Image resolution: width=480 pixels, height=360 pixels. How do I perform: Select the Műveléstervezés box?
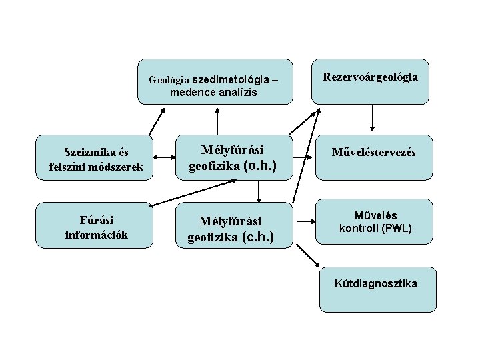[x=375, y=158]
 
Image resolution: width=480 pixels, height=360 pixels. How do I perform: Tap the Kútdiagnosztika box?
[x=377, y=289]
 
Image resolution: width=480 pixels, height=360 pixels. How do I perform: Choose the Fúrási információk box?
[x=96, y=225]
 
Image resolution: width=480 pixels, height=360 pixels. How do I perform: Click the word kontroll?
[x=359, y=229]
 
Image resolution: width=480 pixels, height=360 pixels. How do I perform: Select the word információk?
[x=96, y=234]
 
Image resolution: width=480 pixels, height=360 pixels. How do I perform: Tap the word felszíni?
[x=67, y=166]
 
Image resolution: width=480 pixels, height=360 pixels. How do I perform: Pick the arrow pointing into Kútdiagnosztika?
[x=307, y=255]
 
